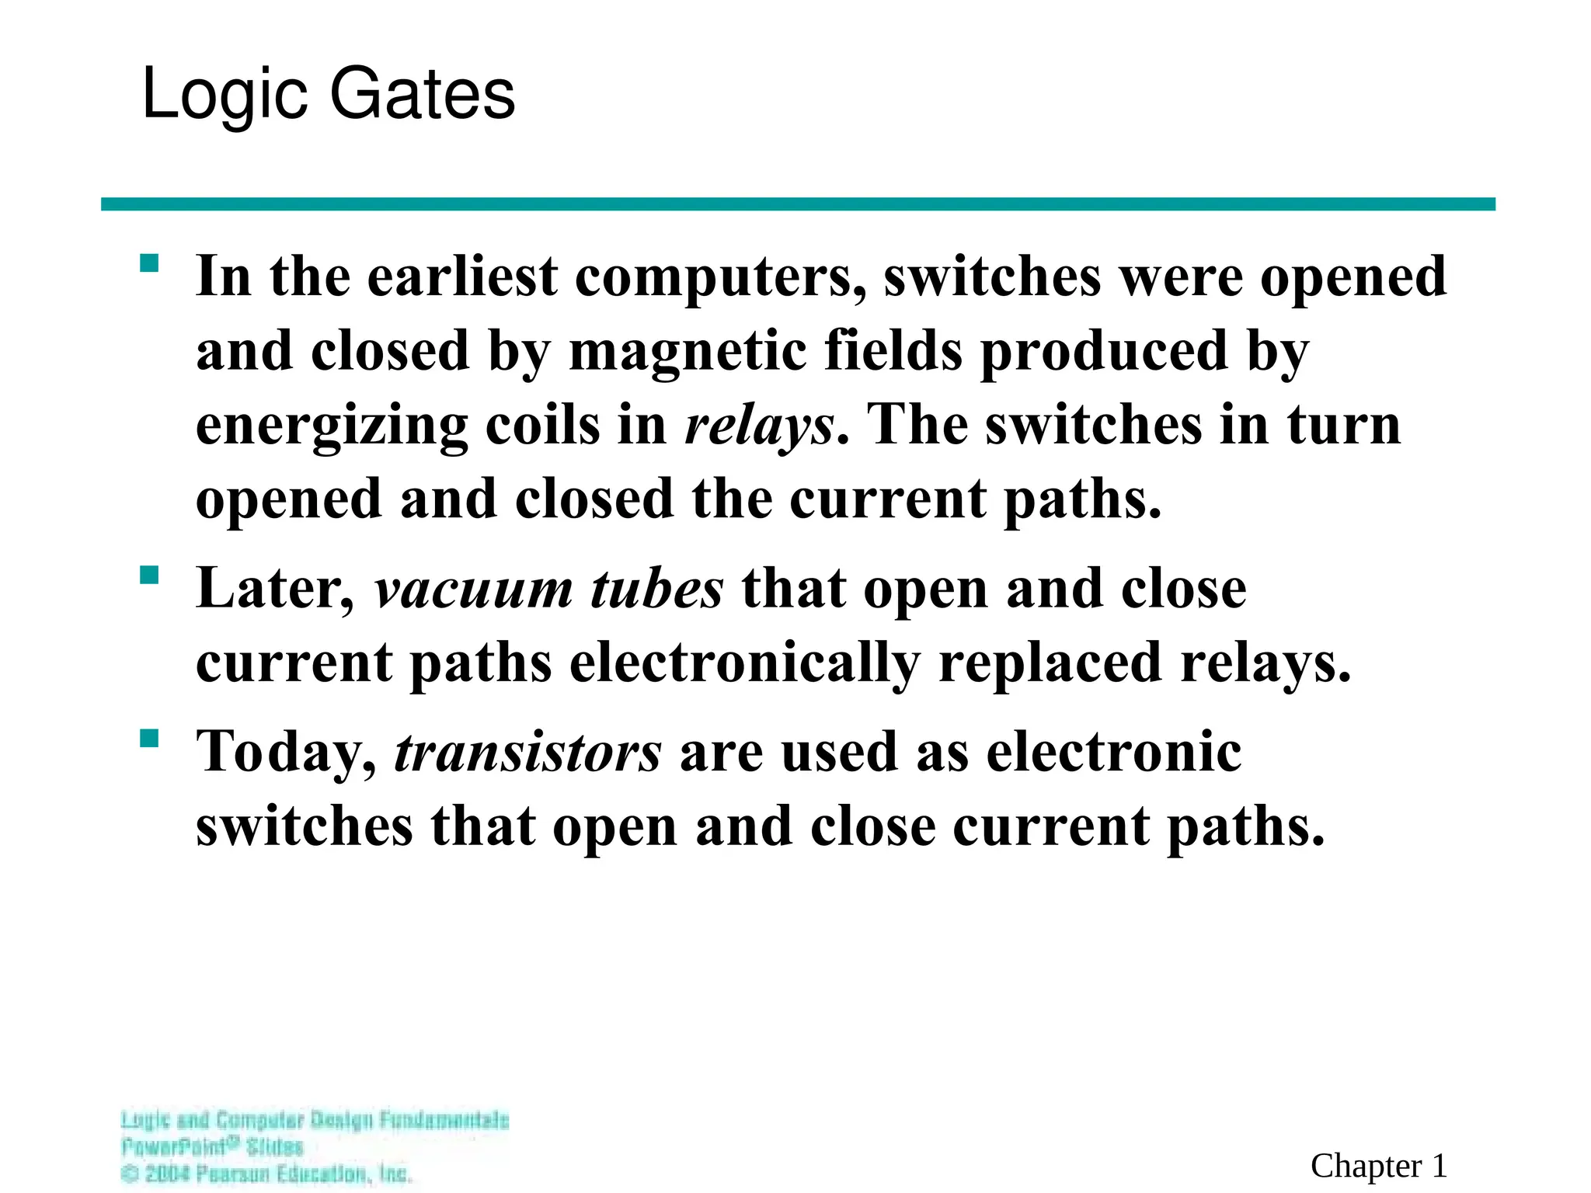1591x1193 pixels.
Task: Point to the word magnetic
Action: [x=687, y=351]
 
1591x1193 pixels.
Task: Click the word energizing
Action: [x=332, y=427]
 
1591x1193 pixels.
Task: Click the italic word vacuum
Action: [x=472, y=589]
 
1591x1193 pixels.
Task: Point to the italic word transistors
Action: [x=528, y=752]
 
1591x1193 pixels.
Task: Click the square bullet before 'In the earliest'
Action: [x=149, y=263]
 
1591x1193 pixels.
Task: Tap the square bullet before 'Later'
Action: [x=149, y=576]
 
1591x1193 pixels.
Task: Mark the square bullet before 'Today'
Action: [x=149, y=738]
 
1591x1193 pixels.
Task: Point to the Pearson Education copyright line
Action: [x=266, y=1174]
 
